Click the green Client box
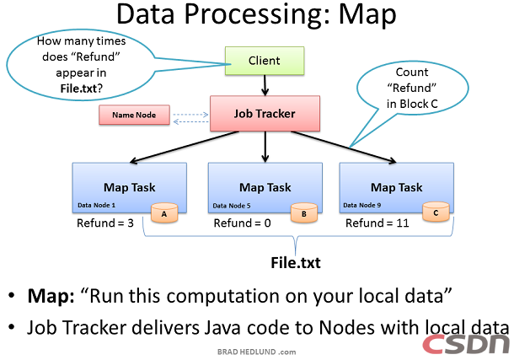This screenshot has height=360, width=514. [x=265, y=61]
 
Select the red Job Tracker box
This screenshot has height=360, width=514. [x=265, y=113]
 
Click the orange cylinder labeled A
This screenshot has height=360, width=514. [x=163, y=213]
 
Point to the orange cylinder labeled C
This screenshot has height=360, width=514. [x=434, y=213]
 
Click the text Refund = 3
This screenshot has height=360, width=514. [x=106, y=223]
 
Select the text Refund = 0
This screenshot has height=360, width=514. [x=242, y=223]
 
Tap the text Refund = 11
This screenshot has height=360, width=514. [x=377, y=223]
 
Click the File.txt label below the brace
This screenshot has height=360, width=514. [x=295, y=261]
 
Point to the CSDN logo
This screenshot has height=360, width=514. [x=466, y=343]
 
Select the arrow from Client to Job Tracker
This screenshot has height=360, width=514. [x=265, y=84]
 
